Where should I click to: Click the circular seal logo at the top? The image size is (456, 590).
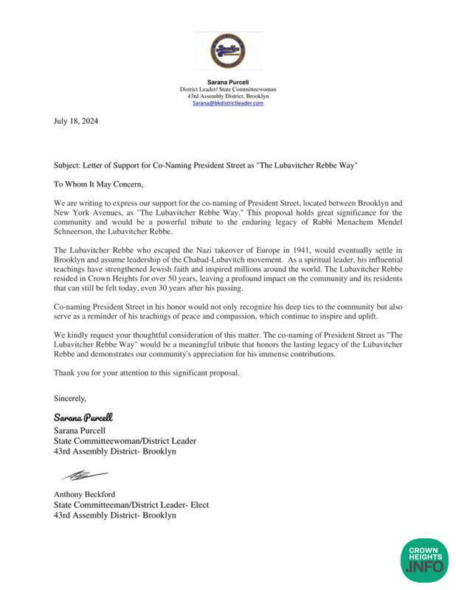[227, 51]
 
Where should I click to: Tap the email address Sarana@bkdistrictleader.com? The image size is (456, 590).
[227, 103]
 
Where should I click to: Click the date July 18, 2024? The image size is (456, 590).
[76, 121]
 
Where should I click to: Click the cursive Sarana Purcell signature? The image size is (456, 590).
[83, 417]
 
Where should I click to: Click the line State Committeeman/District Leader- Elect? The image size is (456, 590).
[131, 505]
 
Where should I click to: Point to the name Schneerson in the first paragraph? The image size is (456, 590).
[76, 221]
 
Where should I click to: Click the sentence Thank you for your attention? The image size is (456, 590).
[147, 374]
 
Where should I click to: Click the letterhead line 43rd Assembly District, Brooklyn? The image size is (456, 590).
[227, 97]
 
